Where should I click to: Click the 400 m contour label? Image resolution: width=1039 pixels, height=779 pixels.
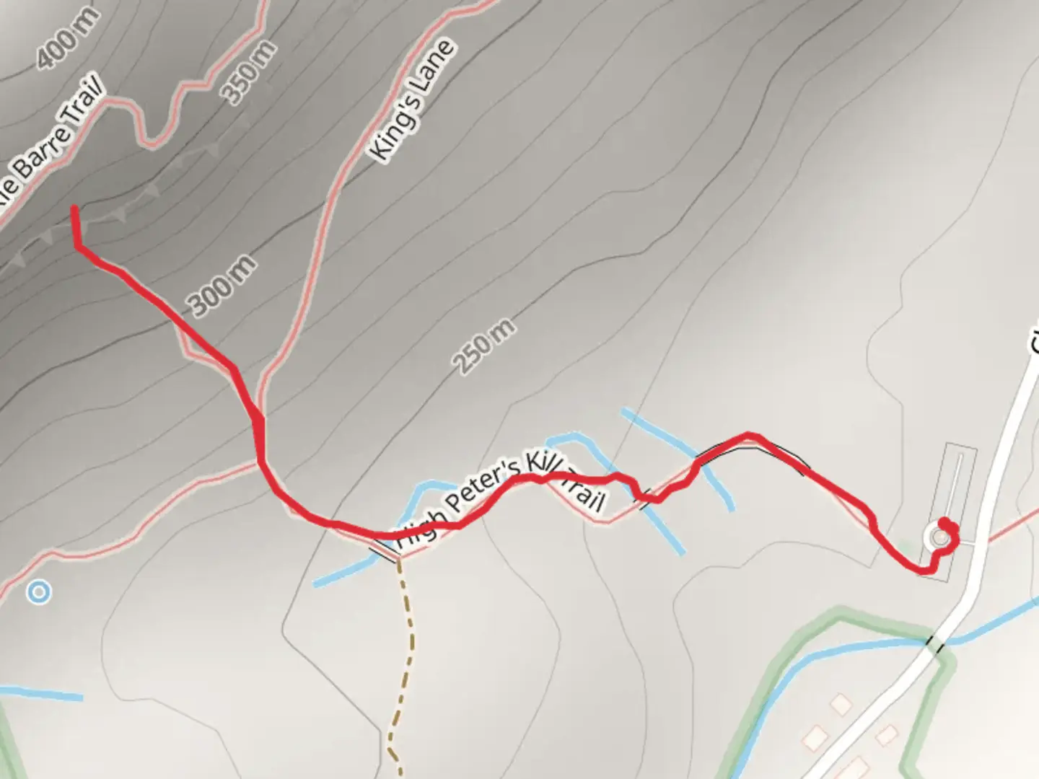(x=68, y=41)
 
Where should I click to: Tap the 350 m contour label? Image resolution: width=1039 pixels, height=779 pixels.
(x=248, y=73)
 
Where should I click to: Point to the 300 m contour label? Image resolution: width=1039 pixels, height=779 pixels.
(x=222, y=286)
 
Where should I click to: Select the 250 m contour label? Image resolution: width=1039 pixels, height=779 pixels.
(x=484, y=346)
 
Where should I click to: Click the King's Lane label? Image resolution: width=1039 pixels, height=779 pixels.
(x=412, y=100)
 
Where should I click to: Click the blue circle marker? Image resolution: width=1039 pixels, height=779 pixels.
(x=38, y=593)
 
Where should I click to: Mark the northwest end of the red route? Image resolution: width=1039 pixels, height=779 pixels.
(x=74, y=209)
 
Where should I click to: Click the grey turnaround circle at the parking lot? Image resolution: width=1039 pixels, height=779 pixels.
(x=939, y=537)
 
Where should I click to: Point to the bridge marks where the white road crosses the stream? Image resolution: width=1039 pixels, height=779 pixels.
(x=935, y=643)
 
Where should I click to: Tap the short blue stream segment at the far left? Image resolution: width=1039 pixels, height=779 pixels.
(x=43, y=694)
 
